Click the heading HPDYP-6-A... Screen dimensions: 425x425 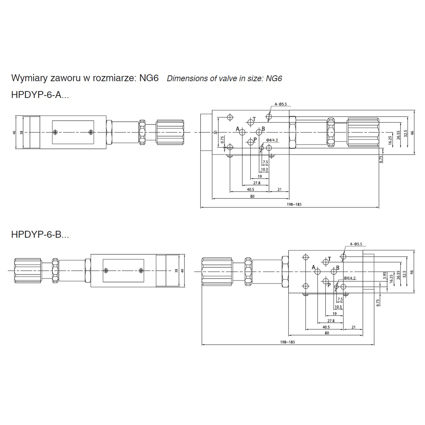(40, 95)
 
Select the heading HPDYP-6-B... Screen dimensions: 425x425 (40, 235)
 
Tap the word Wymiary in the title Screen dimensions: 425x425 (29, 78)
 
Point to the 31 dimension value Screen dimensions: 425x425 (216, 132)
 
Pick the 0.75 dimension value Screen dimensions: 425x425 (222, 140)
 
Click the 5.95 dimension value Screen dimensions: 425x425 (384, 276)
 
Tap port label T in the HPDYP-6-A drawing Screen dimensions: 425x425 (254, 119)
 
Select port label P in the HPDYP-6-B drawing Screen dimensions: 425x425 (329, 285)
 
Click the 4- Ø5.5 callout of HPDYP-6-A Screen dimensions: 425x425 (280, 104)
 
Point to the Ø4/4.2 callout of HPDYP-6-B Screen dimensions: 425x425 (350, 278)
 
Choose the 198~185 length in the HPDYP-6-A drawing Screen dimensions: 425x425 (294, 204)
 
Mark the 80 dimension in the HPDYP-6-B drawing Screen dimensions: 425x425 (327, 333)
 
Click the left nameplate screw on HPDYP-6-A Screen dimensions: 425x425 (56, 132)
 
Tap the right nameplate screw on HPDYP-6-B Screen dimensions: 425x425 (141, 271)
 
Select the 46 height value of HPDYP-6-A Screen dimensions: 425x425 (412, 133)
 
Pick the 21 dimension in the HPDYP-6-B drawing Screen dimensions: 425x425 (353, 327)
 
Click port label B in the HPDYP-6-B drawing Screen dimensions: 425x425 (337, 268)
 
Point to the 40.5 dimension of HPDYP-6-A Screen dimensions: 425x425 (250, 190)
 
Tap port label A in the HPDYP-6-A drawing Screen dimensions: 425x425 (238, 129)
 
